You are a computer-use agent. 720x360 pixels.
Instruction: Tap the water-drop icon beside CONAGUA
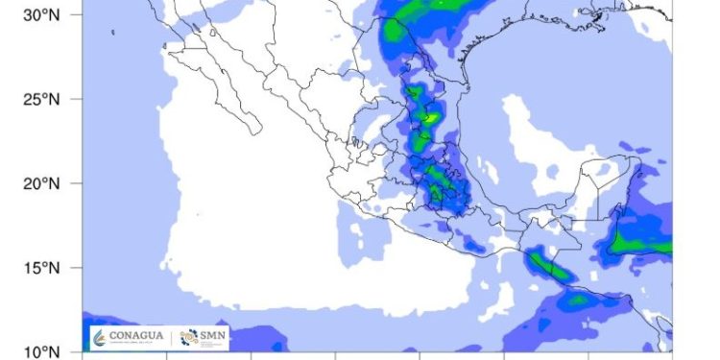pyautogui.click(x=100, y=337)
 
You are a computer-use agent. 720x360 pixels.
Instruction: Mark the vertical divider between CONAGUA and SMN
pyautogui.click(x=174, y=337)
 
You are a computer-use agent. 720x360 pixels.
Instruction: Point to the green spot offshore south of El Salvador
pyautogui.click(x=577, y=300)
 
